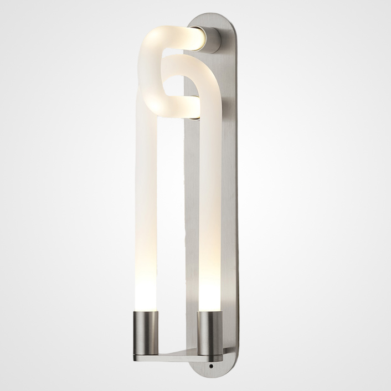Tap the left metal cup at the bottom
[145, 327]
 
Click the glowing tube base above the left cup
[145, 296]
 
